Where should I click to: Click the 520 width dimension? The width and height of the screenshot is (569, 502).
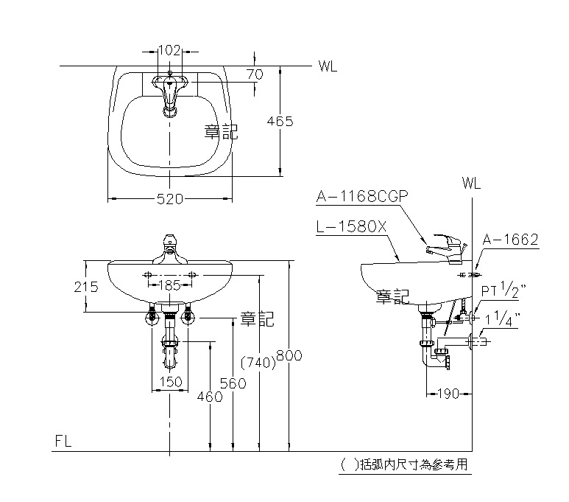pos(170,198)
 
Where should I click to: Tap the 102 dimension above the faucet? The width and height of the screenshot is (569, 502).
pos(170,51)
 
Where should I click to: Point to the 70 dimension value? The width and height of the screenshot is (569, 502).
pos(255,74)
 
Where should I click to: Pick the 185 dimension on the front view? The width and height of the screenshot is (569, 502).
pos(171,285)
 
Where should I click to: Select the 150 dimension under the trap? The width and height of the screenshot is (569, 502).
pos(170,382)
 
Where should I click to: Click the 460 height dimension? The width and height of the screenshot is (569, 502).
pos(211,397)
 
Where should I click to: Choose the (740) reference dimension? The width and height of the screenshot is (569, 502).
pos(258,361)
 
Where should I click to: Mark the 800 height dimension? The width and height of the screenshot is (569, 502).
pos(289,355)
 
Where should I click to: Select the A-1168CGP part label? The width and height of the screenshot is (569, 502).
pos(362,197)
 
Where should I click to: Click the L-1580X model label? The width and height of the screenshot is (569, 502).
pos(351,228)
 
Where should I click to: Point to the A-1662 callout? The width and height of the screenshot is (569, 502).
pos(511,240)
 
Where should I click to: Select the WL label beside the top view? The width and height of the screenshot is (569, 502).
pos(328,67)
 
